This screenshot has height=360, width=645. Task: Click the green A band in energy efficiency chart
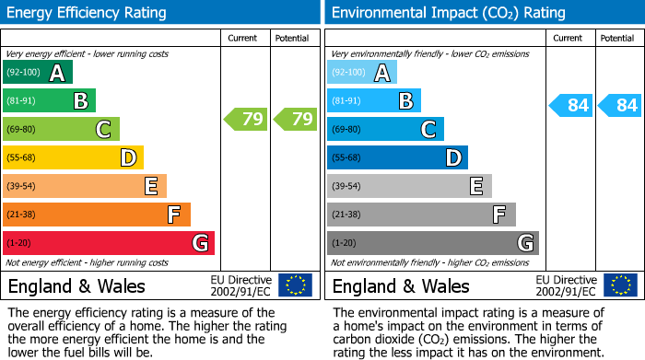[x=37, y=73]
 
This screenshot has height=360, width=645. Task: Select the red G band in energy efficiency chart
[x=108, y=243]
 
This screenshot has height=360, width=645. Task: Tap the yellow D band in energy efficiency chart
[x=73, y=157]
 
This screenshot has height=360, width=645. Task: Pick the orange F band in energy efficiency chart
[x=96, y=215]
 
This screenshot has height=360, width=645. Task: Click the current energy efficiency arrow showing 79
[x=245, y=119]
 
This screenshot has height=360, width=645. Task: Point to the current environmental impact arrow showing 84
[x=569, y=105]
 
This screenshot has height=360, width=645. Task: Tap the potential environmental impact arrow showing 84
[x=619, y=105]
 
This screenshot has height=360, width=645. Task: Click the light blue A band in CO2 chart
[x=361, y=73]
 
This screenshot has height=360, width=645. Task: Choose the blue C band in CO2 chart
[x=385, y=129]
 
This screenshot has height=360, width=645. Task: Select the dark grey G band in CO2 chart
[x=432, y=243]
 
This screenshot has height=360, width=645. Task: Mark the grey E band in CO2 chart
[x=409, y=186]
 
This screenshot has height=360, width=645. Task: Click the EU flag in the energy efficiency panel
[x=295, y=285]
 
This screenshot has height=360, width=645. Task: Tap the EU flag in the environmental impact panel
[x=619, y=285]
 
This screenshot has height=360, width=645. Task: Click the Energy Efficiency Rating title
[x=88, y=13]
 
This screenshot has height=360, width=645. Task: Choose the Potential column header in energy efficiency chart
[x=293, y=38]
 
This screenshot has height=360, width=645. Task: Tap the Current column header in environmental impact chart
[x=568, y=38]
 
